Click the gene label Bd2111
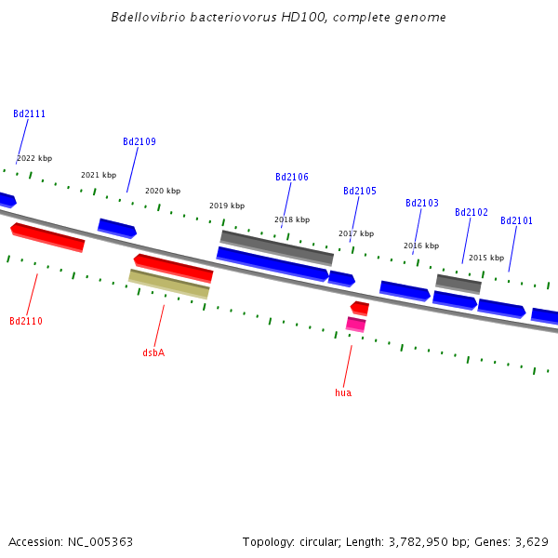click(x=29, y=114)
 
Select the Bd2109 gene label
click(x=139, y=142)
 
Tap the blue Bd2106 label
click(x=292, y=178)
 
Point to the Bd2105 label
click(x=360, y=192)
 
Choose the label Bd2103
click(x=422, y=204)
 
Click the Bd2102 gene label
click(x=472, y=213)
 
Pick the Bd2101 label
click(x=517, y=221)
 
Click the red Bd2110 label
click(x=26, y=322)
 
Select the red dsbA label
click(x=153, y=353)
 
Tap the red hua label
click(x=343, y=393)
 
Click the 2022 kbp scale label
click(x=34, y=159)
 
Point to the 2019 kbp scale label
click(x=227, y=206)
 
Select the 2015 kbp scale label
click(x=486, y=258)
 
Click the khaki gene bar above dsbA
click(x=169, y=284)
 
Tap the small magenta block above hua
click(x=355, y=325)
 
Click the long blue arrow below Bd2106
click(x=272, y=264)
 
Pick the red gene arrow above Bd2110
click(x=47, y=237)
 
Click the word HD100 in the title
click(x=306, y=18)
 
